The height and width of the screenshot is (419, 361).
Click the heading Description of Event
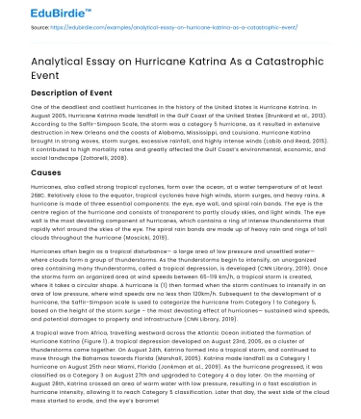point(73,94)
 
